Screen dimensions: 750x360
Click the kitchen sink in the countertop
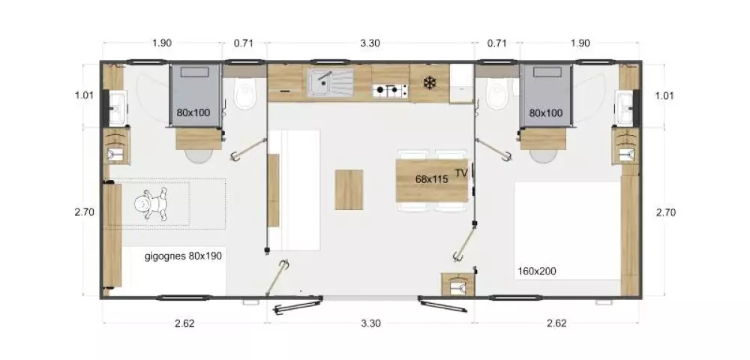[330, 82]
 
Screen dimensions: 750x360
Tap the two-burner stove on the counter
[390, 90]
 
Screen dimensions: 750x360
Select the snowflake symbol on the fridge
[430, 83]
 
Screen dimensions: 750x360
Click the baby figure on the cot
[151, 204]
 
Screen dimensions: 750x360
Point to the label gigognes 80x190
[183, 256]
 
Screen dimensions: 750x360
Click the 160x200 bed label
[537, 271]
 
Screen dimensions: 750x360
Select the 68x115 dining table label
[431, 179]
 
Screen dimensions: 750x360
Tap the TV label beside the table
[461, 173]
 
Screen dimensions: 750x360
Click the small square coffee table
[349, 189]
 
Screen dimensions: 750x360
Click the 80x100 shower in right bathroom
[546, 95]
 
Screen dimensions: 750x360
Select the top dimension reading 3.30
[370, 43]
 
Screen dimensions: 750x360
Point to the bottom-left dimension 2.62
[184, 323]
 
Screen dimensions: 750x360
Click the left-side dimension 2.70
[84, 211]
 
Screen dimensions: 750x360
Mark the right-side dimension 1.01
[664, 95]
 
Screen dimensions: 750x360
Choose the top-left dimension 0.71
[244, 43]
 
